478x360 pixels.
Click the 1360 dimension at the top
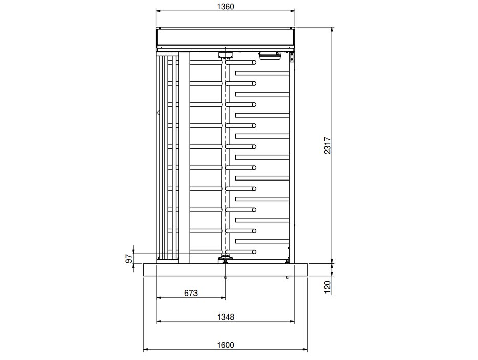[225, 7]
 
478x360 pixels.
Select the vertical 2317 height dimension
[328, 146]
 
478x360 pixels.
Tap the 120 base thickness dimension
[328, 287]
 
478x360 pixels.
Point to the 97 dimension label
[129, 259]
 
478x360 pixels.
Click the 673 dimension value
[191, 293]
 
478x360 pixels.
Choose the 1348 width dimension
[226, 317]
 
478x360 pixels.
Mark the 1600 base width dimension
[226, 345]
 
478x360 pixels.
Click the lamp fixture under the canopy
[270, 55]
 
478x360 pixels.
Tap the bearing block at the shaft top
[225, 55]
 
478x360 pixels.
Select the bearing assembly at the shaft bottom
[225, 260]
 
